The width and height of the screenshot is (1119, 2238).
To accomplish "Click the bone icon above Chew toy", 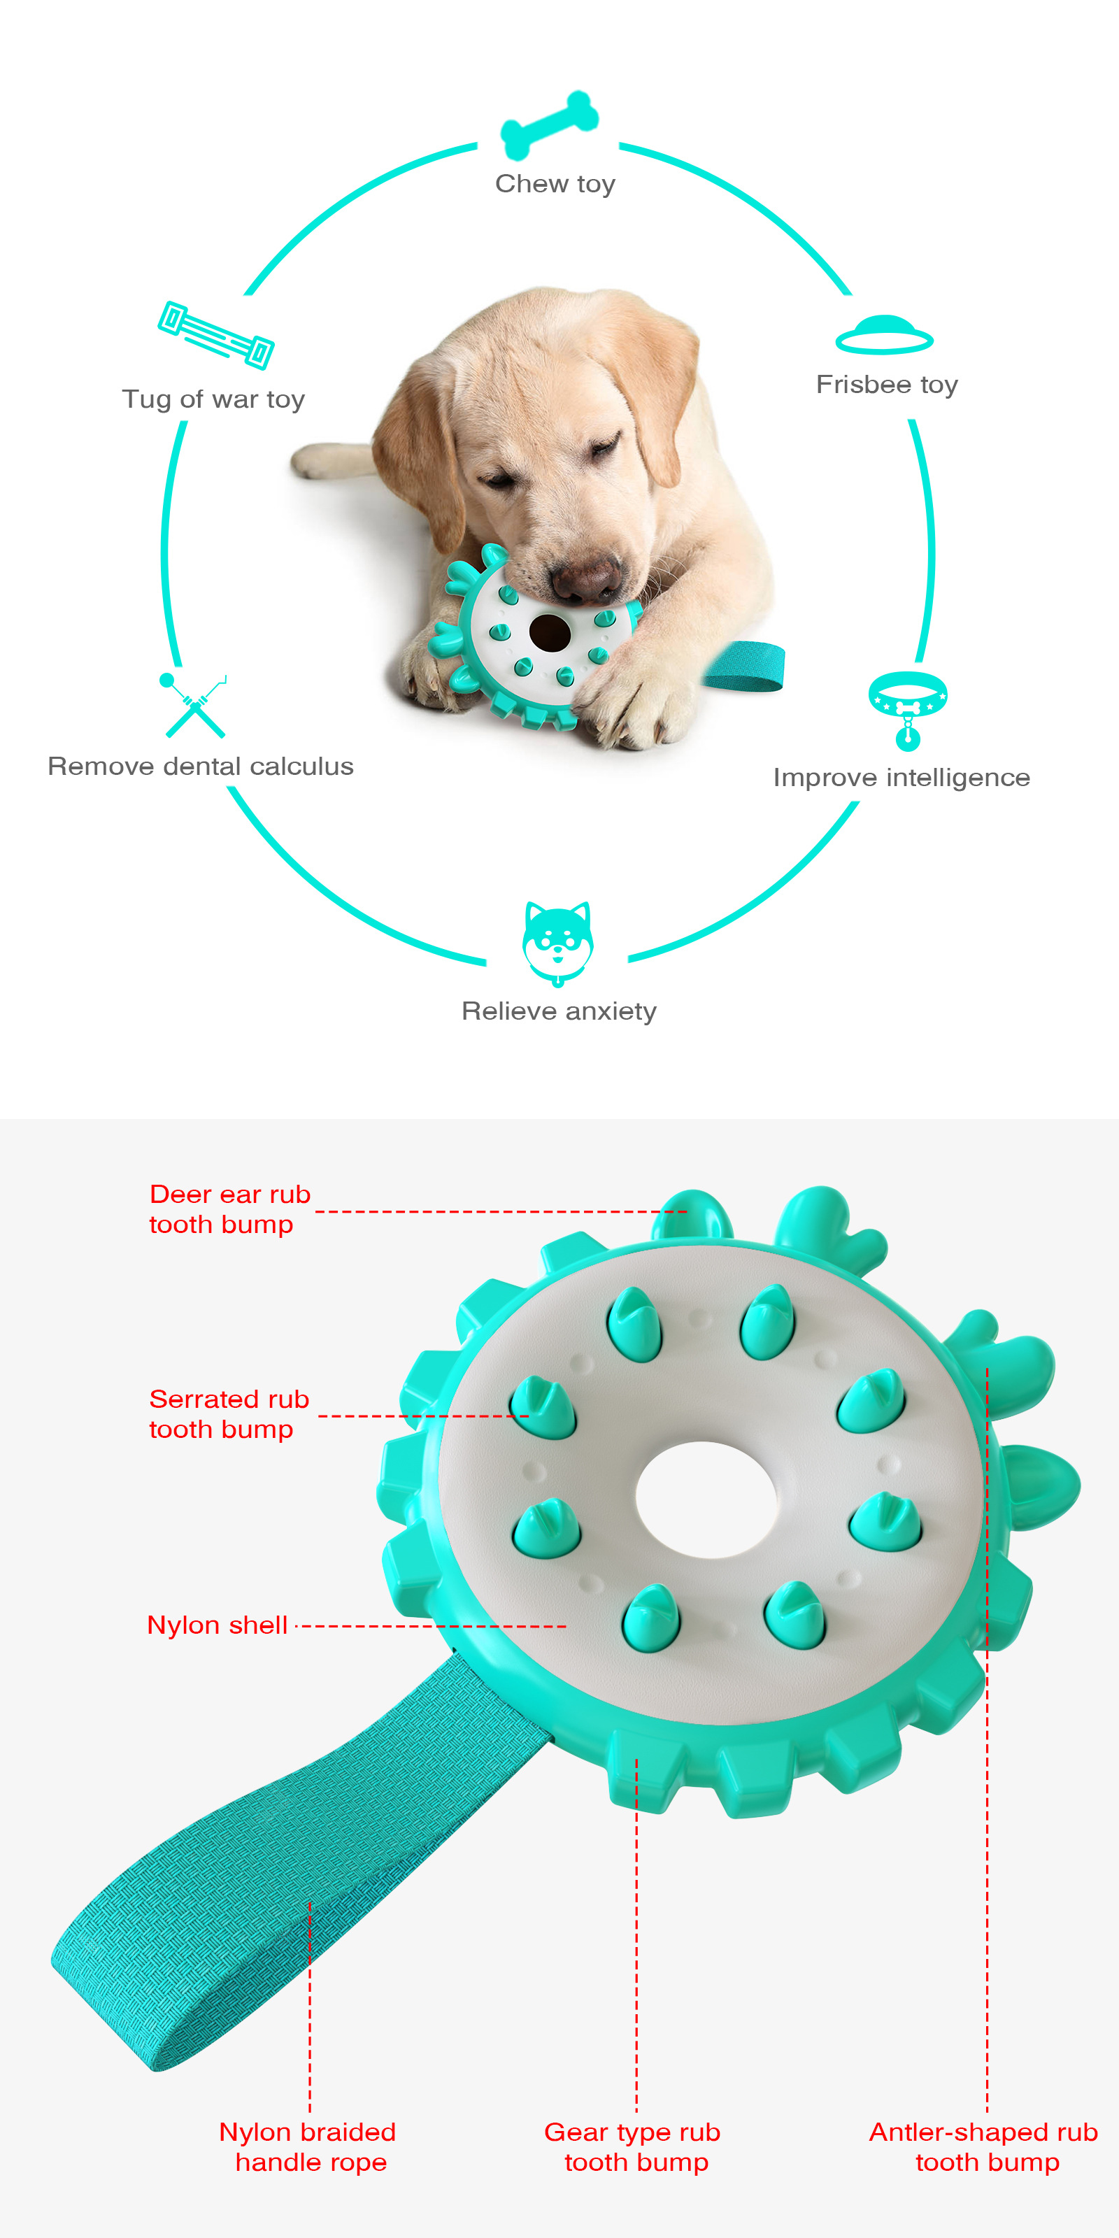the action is point(549,125).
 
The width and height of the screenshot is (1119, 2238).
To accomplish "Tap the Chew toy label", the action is point(555,184).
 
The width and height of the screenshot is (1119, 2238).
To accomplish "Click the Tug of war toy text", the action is point(214,399).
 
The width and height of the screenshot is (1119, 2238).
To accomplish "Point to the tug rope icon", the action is point(215,334).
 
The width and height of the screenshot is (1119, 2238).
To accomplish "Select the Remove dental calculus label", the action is point(201,767).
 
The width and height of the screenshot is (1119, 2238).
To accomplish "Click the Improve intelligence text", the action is point(901,778).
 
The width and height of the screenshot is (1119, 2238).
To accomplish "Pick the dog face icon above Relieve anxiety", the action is point(558,943).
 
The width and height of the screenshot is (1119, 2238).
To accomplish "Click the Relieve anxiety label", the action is point(559,1011).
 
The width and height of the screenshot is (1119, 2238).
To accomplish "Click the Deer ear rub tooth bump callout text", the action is point(229,1209).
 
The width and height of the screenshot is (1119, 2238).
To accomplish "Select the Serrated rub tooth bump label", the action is point(229,1413).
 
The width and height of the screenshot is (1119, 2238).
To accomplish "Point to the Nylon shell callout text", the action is point(218,1625).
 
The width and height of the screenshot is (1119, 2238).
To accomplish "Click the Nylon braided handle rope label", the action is point(308,2146).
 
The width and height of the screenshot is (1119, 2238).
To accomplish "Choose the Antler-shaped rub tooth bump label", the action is point(984,2146).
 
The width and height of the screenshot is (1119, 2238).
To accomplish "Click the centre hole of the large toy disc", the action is point(706,1499).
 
